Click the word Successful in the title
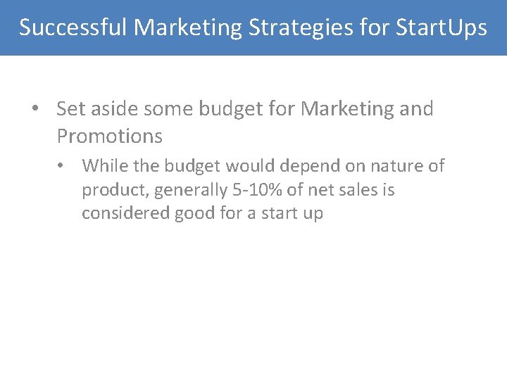(x=73, y=27)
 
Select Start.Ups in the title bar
(x=441, y=27)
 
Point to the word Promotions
(x=109, y=136)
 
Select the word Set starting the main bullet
(x=70, y=109)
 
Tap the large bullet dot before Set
(x=35, y=110)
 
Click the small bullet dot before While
(x=63, y=166)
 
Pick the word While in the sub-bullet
(x=103, y=166)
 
